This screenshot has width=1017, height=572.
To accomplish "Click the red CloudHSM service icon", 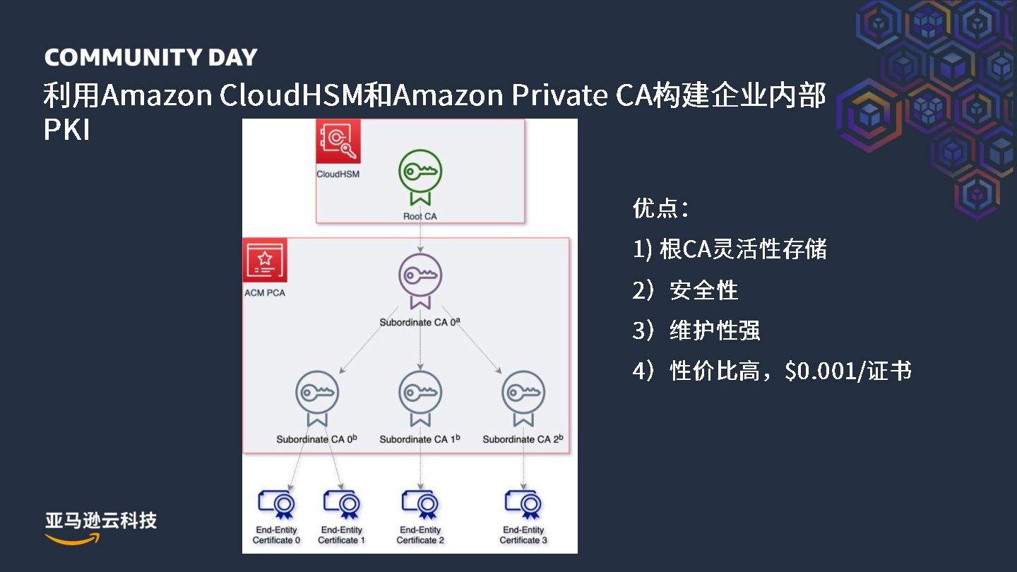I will pyautogui.click(x=338, y=141).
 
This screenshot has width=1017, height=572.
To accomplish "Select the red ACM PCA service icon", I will pyautogui.click(x=265, y=261).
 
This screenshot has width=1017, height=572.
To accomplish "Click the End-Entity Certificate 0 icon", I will pyautogui.click(x=277, y=504).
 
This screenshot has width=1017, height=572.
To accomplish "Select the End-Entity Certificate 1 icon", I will pyautogui.click(x=342, y=504).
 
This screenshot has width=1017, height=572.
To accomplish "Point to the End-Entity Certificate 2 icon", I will pyautogui.click(x=421, y=504).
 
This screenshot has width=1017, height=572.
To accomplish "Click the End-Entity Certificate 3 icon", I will pyautogui.click(x=523, y=504).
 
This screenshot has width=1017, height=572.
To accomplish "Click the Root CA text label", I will pyautogui.click(x=420, y=216).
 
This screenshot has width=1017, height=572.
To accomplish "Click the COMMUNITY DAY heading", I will pyautogui.click(x=150, y=58).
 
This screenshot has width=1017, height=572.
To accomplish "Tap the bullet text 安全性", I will pyautogui.click(x=703, y=290).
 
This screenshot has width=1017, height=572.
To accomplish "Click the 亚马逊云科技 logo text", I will pyautogui.click(x=101, y=521).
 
